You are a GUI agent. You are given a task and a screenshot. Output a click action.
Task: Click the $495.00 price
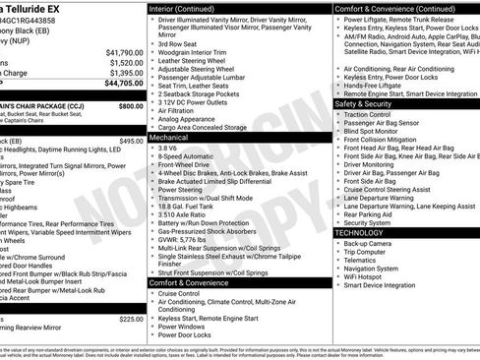pyautogui.click(x=131, y=141)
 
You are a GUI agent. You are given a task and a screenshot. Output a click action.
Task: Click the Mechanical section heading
pyautogui.click(x=171, y=139)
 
